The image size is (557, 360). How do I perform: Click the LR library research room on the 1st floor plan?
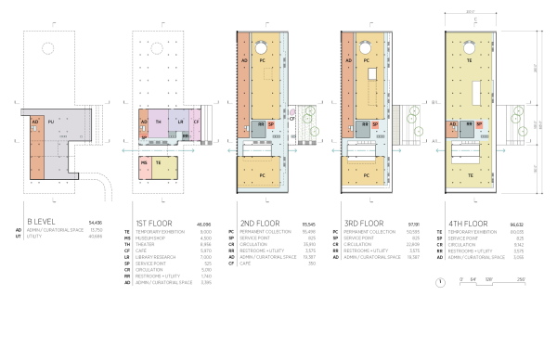(x=181, y=122)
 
